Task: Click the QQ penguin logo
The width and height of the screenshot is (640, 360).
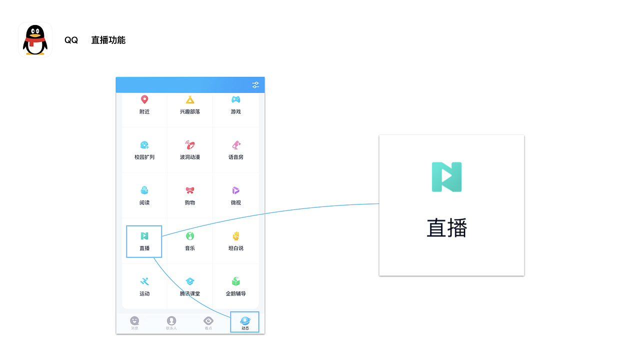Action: coord(35,39)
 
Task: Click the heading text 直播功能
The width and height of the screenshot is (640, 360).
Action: coord(108,40)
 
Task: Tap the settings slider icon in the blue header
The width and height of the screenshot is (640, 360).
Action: coord(255,85)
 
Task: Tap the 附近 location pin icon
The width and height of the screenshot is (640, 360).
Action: coord(144,99)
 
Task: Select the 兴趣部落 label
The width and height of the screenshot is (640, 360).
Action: coord(190,111)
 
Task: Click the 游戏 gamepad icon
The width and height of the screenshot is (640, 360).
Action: coord(236,99)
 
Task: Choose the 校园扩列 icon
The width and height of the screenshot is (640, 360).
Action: coord(144,145)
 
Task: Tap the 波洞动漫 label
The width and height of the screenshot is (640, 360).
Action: coord(190,157)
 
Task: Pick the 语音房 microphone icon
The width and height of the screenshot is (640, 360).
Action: coord(236,145)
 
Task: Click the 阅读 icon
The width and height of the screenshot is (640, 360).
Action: coord(144,190)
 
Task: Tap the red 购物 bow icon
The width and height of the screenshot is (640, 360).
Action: coord(190,190)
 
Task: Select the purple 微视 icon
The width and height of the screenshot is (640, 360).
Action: coord(236,190)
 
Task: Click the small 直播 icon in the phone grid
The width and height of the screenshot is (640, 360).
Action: coord(144,236)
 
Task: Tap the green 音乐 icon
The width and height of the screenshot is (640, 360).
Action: coord(190,236)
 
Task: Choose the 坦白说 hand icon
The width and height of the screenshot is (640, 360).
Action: coord(236,236)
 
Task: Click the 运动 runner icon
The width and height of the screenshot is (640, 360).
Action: coord(144,281)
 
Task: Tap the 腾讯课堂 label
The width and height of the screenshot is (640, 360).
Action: coord(190,293)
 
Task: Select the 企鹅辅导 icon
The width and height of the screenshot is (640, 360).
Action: coord(236,281)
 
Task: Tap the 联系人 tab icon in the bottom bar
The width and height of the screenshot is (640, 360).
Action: coord(171,320)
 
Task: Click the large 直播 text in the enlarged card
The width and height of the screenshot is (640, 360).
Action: coord(447,228)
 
